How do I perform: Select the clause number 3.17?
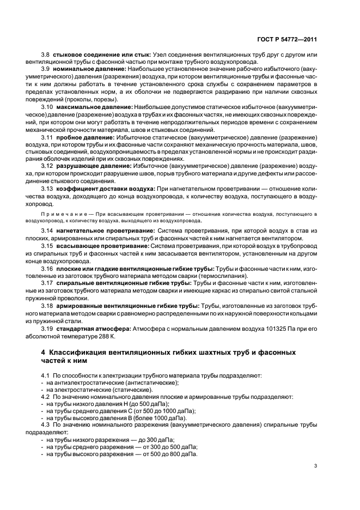pos(47,283)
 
